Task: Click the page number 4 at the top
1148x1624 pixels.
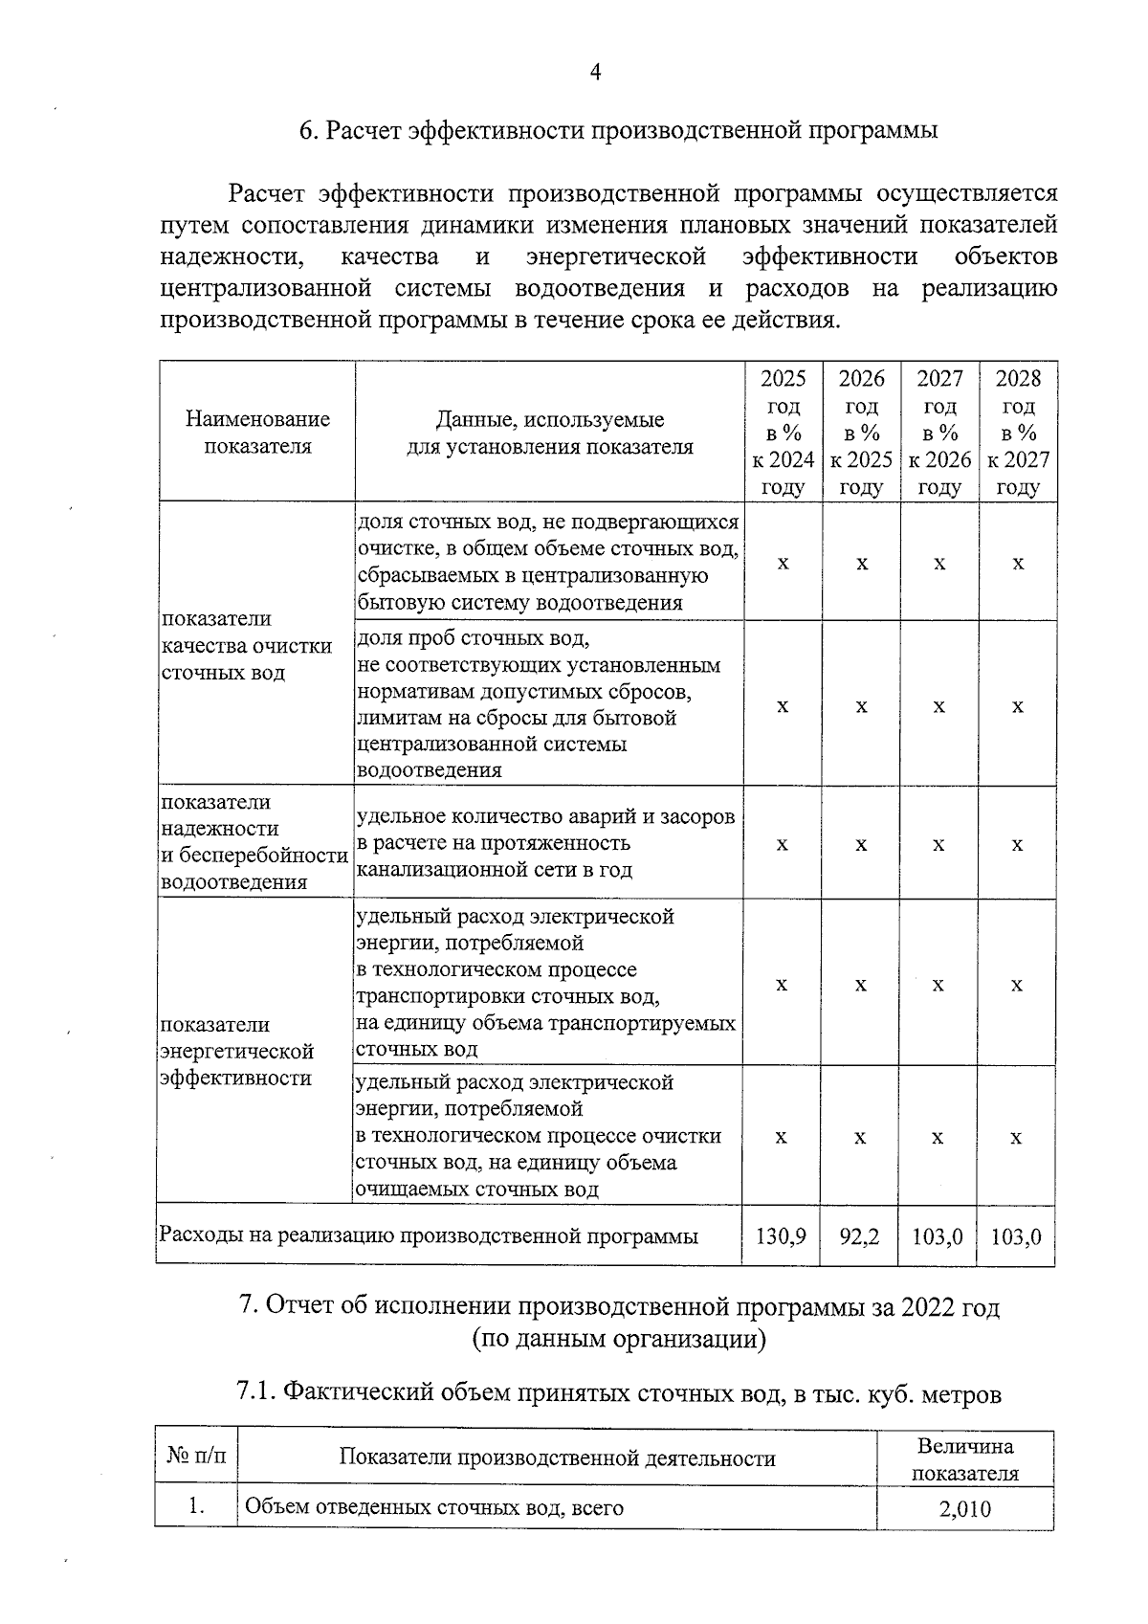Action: pyautogui.click(x=595, y=73)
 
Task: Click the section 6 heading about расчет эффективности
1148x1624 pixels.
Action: pyautogui.click(x=618, y=131)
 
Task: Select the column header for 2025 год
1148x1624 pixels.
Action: pyautogui.click(x=783, y=433)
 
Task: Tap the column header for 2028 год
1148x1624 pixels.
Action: pyautogui.click(x=1017, y=433)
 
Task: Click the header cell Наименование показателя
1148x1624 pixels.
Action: pyautogui.click(x=257, y=433)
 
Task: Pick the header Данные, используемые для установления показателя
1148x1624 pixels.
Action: pyautogui.click(x=550, y=433)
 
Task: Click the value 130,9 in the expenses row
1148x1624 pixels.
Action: pyautogui.click(x=781, y=1236)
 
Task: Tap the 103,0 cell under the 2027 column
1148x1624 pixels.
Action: pyautogui.click(x=938, y=1236)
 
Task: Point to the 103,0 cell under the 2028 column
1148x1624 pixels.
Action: pyautogui.click(x=1016, y=1236)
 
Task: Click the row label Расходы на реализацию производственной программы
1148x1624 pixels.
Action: pyautogui.click(x=429, y=1236)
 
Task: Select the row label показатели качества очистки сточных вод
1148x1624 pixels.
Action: pyautogui.click(x=247, y=646)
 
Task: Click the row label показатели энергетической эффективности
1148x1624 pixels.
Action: pyautogui.click(x=237, y=1052)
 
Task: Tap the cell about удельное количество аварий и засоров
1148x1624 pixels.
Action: pyautogui.click(x=545, y=843)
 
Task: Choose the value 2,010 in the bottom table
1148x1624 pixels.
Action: pyautogui.click(x=964, y=1509)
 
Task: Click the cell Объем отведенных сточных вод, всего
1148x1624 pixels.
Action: pyautogui.click(x=434, y=1509)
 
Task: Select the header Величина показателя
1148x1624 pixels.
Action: pyautogui.click(x=964, y=1459)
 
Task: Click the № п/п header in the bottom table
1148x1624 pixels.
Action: pyautogui.click(x=197, y=1457)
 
